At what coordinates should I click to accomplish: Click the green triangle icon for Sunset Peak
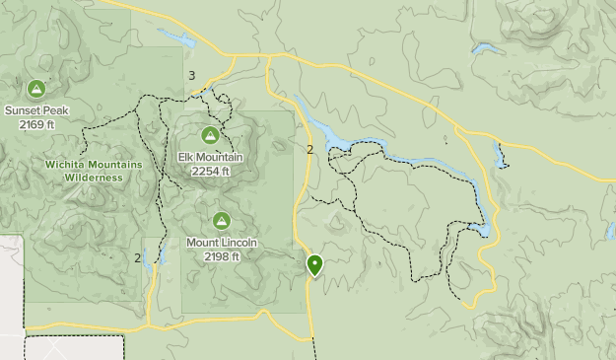[36, 89]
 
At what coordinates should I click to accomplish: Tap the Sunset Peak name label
[36, 110]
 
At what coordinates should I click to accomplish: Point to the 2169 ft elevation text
[36, 124]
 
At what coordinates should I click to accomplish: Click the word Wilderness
[94, 178]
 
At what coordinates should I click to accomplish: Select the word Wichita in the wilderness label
[67, 165]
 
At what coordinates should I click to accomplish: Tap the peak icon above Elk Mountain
[209, 135]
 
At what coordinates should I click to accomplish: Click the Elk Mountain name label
[210, 158]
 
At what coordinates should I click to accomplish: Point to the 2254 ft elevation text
[210, 171]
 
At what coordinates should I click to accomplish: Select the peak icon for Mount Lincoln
[221, 220]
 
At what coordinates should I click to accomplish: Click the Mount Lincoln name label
[222, 243]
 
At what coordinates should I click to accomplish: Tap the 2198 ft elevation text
[222, 256]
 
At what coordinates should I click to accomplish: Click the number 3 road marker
[191, 76]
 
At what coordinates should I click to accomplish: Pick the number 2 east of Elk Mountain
[309, 150]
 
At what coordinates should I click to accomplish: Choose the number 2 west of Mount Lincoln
[138, 258]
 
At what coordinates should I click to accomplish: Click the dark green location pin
[314, 264]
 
